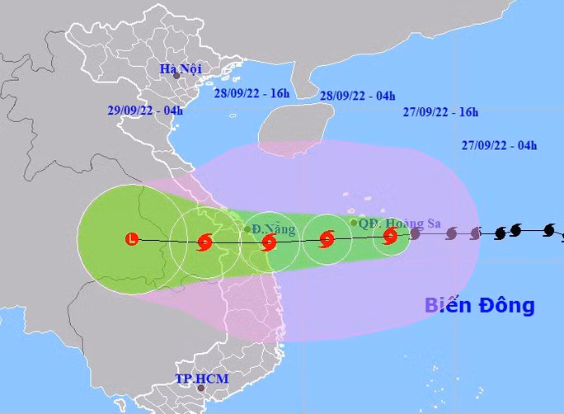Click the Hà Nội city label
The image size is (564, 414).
coord(181,68)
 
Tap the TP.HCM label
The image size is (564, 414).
coord(201,379)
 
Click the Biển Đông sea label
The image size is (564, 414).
coord(480,305)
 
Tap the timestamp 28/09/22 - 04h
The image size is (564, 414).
coord(357,96)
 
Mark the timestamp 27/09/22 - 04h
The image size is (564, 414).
coord(499,146)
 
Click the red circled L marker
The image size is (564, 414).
coord(131,239)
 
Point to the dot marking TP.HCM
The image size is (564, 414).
coord(200,387)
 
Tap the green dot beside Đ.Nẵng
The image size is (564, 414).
coord(247,229)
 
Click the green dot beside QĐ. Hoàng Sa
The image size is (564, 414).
coord(354,222)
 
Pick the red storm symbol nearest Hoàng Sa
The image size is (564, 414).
coord(390,238)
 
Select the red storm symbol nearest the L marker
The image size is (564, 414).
coord(204,242)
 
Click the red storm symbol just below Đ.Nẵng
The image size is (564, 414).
coord(268,242)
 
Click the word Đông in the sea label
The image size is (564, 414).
coord(506,305)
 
